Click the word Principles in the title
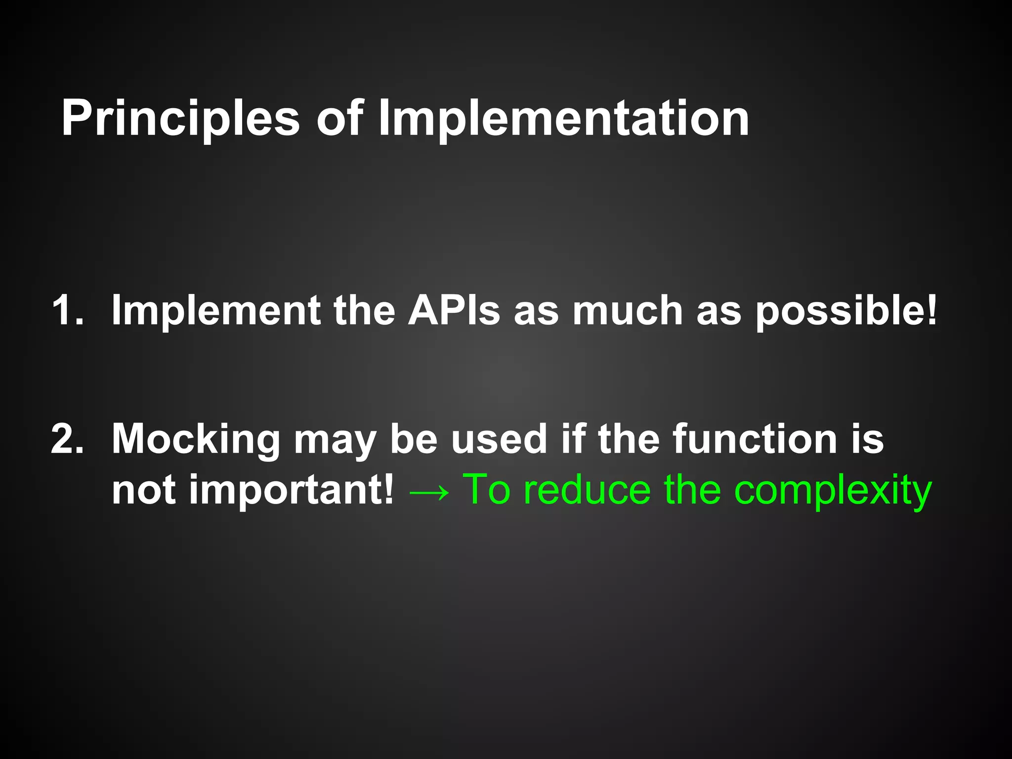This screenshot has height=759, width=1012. pyautogui.click(x=180, y=119)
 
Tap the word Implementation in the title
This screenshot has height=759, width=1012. pyautogui.click(x=563, y=119)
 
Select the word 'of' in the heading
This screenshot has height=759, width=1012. pyautogui.click(x=340, y=119)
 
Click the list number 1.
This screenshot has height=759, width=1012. pyautogui.click(x=67, y=310)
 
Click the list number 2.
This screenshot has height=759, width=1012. pyautogui.click(x=67, y=439)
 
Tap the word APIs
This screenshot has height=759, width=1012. pyautogui.click(x=454, y=310)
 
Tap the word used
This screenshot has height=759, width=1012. pyautogui.click(x=499, y=439)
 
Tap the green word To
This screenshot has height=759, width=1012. pyautogui.click(x=486, y=490)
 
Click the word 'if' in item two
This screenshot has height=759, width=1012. pyautogui.click(x=573, y=439)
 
